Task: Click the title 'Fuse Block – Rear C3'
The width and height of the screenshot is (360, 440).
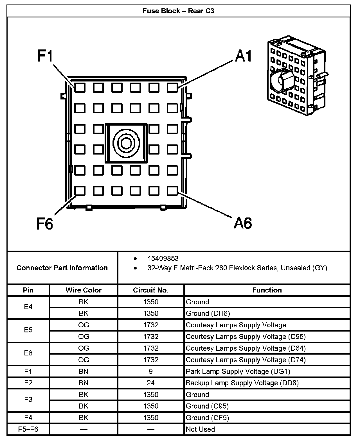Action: click(178, 11)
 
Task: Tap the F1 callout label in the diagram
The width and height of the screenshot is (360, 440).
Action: click(45, 56)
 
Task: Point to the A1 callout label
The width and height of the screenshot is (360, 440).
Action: click(244, 56)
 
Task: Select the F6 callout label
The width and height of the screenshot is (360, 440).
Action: click(45, 224)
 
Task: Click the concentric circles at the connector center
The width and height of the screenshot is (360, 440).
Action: click(126, 143)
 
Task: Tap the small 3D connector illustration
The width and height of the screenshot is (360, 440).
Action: click(296, 76)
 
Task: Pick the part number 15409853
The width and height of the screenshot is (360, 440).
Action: click(163, 258)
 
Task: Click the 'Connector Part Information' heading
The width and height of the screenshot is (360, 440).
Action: click(62, 268)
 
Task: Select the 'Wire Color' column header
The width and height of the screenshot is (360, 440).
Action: click(84, 290)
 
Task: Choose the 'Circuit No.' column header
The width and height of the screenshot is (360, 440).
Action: click(151, 290)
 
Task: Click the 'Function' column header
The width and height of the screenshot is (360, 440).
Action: click(267, 290)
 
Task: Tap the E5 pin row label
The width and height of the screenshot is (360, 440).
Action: click(28, 330)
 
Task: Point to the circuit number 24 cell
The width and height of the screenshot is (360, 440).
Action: click(151, 383)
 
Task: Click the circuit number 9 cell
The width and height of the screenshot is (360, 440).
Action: click(151, 371)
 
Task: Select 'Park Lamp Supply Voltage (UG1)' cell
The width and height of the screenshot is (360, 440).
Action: click(238, 371)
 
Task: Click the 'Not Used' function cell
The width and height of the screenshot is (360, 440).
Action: click(200, 429)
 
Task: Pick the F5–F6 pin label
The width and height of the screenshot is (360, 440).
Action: click(28, 429)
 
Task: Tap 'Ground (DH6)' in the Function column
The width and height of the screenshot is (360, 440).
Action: click(208, 313)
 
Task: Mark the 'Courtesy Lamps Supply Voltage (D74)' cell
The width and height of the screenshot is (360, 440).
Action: click(246, 360)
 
